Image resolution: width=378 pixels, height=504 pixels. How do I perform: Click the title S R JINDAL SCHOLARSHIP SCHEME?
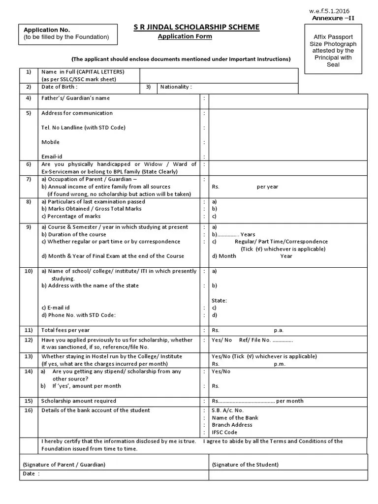(x=196, y=27)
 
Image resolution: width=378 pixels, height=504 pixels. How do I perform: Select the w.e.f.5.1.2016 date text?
(x=329, y=11)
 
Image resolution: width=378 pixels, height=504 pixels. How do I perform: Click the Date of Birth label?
(x=60, y=87)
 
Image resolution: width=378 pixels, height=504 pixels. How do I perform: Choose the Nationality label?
(x=176, y=87)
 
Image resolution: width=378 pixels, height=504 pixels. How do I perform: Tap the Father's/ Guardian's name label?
(x=75, y=98)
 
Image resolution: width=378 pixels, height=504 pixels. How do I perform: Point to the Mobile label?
(x=50, y=142)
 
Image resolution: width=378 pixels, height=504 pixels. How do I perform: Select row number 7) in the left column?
(x=29, y=180)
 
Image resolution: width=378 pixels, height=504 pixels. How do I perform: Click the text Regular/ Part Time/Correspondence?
(x=281, y=242)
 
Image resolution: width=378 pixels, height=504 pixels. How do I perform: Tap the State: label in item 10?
(x=220, y=300)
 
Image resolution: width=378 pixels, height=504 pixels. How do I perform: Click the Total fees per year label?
(x=65, y=330)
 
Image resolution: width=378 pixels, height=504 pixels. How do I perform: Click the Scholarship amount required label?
(x=79, y=401)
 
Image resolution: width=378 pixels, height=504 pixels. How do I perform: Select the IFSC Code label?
(x=224, y=432)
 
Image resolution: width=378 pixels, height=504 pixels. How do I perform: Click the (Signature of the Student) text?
(x=245, y=465)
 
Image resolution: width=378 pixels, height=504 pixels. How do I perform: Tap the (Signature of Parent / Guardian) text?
(x=64, y=465)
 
